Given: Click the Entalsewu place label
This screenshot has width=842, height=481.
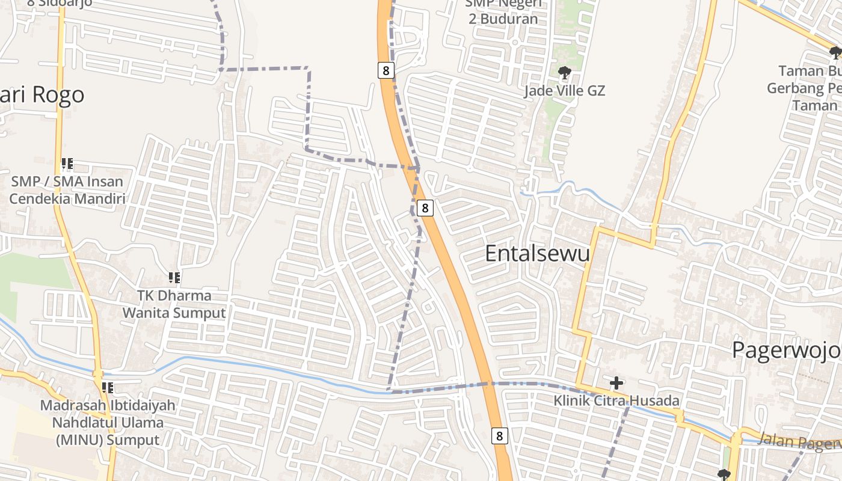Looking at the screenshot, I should [x=537, y=254].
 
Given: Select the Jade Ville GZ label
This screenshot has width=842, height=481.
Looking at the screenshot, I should [x=564, y=91].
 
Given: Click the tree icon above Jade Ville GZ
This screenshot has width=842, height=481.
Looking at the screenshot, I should [x=564, y=73].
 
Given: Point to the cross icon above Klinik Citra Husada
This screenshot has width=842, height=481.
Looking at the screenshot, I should [x=616, y=383].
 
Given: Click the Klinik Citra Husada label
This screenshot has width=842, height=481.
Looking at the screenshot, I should [x=616, y=400].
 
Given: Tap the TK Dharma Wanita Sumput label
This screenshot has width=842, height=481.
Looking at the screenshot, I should [x=174, y=304].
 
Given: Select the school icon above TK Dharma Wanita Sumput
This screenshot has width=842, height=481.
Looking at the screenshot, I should [x=174, y=278].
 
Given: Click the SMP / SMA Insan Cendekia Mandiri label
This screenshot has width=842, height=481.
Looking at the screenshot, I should [x=67, y=190].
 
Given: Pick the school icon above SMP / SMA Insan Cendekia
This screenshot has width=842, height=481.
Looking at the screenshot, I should [x=67, y=164].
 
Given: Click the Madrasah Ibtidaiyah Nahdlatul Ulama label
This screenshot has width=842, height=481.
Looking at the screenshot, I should [x=108, y=422].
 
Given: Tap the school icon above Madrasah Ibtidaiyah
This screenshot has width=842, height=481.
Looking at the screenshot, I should [x=108, y=388].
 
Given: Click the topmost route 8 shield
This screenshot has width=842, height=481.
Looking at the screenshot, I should [x=386, y=70].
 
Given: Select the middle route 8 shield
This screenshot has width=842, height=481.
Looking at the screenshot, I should [x=425, y=208].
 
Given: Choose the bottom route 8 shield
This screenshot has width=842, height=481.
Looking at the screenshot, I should [x=499, y=435].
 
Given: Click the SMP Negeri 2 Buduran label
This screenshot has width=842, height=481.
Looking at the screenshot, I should [x=503, y=12].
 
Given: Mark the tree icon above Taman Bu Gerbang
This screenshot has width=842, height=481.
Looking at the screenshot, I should [x=835, y=53].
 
